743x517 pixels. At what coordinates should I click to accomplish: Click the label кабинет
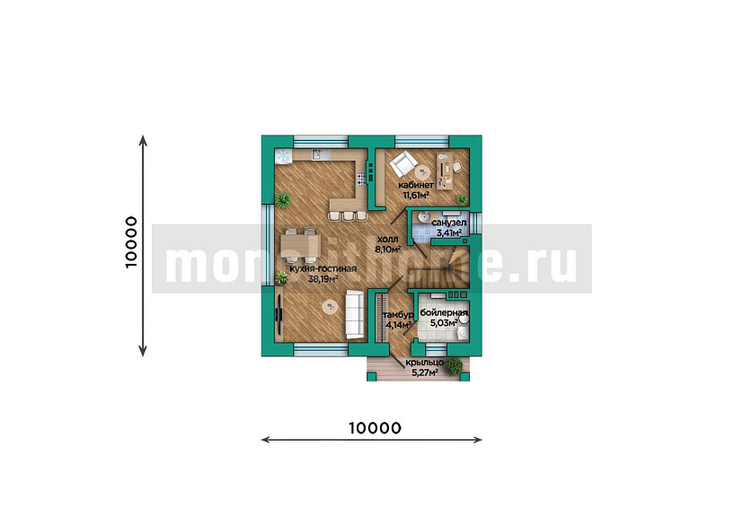(x=416, y=185)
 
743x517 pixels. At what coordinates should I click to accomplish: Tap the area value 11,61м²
(x=414, y=194)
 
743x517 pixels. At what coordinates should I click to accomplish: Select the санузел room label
(x=447, y=223)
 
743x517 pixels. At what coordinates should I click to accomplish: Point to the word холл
(x=387, y=241)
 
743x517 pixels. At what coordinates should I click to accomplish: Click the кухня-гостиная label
(x=323, y=268)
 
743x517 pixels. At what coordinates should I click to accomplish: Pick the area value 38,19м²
(x=323, y=279)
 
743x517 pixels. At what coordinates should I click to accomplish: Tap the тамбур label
(x=397, y=316)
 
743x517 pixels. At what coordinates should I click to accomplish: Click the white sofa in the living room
(x=355, y=314)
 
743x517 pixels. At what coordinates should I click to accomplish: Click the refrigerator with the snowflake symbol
(x=282, y=155)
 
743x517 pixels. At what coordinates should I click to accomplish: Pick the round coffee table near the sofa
(x=330, y=309)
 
